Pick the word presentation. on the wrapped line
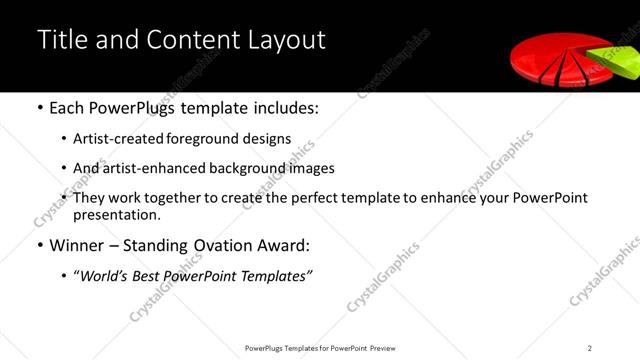tap(117, 214)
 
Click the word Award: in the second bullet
tap(283, 245)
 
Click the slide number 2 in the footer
tap(590, 347)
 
